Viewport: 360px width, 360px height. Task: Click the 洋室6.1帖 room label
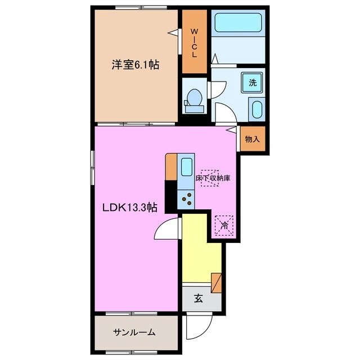point(134,65)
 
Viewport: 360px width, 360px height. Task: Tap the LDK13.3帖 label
point(129,207)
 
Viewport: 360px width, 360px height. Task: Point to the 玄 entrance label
point(199,299)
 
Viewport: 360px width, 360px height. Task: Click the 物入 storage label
point(252,139)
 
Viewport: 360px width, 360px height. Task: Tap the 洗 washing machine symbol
point(253,83)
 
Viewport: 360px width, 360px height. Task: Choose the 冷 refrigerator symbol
point(224,226)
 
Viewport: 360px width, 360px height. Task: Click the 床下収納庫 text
point(213,178)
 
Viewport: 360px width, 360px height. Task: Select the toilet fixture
point(194,98)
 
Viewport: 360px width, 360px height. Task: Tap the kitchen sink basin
point(186,167)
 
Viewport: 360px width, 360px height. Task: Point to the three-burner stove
point(187,198)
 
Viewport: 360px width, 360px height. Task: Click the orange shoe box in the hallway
point(217,281)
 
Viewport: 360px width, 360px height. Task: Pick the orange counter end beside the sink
point(171,167)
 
